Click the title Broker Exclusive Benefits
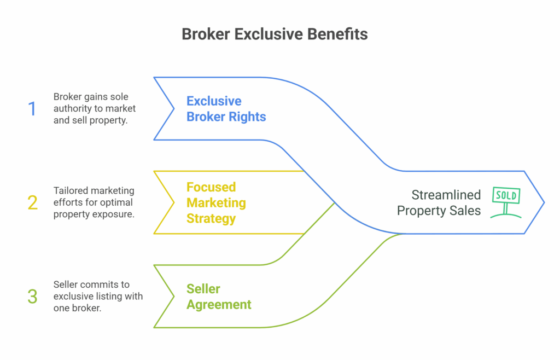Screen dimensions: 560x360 pos(275,34)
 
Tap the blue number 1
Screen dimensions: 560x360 pos(32,108)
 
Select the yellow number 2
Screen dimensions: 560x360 pos(32,202)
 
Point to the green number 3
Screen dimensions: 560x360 pos(32,297)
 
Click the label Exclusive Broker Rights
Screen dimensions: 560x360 pos(226,109)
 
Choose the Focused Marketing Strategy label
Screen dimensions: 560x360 pos(216,203)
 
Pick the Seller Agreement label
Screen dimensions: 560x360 pos(219,297)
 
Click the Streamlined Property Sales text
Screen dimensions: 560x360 pos(439,203)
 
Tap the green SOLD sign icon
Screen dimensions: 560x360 pos(506,202)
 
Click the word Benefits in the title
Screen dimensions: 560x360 pos(337,34)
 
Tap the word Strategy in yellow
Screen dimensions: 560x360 pos(211,219)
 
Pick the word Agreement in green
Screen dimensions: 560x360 pos(219,305)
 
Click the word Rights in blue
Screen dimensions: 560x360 pos(248,117)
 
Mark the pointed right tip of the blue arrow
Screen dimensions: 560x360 pos(544,202)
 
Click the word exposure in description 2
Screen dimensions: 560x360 pos(116,214)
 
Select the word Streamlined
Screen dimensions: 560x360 pos(446,195)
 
